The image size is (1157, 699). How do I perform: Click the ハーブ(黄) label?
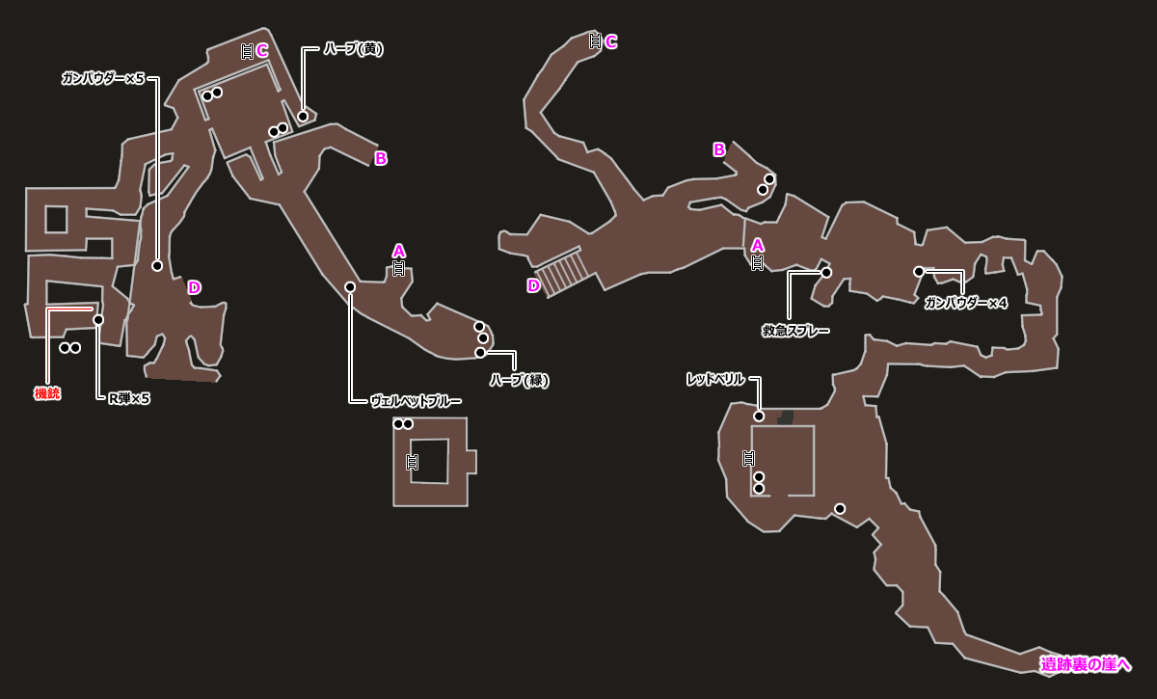pos(353,49)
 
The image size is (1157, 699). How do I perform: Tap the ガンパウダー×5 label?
pos(103,79)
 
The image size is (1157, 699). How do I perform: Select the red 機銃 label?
pos(47,393)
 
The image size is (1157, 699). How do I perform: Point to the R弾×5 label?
pos(129,398)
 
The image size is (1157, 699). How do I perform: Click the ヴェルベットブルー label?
pos(416,401)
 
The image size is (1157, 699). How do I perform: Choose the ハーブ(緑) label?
pos(519,380)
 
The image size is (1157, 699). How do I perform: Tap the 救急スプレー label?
pos(795,331)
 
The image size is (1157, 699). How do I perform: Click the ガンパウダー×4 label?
pos(965,303)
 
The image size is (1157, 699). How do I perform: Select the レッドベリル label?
pos(715,380)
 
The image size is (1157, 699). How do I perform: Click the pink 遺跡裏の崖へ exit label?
pos(1086,663)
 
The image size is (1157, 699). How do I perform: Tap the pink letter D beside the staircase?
pos(533,285)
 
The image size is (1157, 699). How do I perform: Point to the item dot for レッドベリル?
pos(759,417)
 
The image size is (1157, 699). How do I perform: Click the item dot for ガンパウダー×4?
pos(919,272)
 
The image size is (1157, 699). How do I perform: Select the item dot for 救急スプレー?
pos(826,273)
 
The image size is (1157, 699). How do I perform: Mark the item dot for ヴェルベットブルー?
pos(350,287)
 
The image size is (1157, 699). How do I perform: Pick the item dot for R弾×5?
pos(98,320)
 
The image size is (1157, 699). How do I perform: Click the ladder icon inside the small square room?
pos(413,462)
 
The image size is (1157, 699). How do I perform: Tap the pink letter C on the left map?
pos(262,51)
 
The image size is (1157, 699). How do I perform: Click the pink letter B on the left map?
pos(381,158)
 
